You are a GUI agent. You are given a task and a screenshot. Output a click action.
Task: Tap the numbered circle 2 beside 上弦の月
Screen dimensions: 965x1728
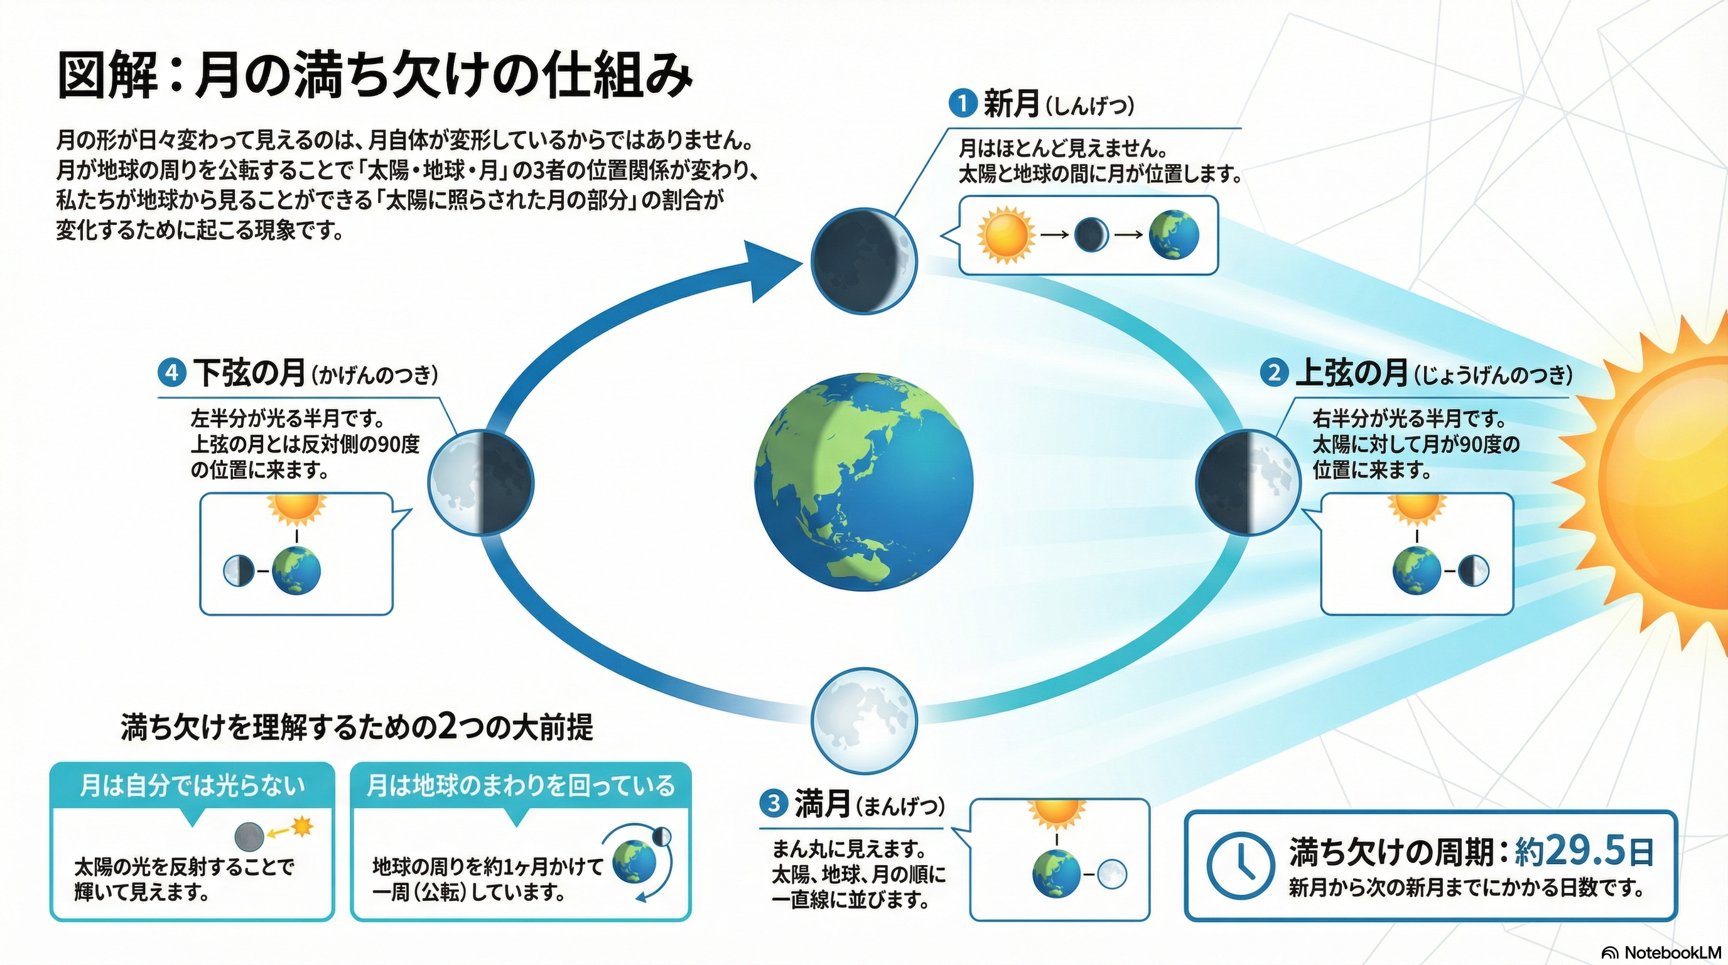pos(1274,373)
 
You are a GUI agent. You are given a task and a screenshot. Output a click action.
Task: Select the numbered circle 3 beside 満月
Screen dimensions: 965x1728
pos(774,804)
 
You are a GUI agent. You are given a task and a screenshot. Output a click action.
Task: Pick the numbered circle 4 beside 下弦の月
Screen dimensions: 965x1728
pos(171,373)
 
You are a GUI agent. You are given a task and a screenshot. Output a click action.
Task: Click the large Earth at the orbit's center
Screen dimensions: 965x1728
pos(864,482)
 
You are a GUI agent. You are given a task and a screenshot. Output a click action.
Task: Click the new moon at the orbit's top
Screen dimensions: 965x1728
pos(863,260)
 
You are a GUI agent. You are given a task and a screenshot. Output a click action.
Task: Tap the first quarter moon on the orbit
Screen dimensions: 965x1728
pos(1248,482)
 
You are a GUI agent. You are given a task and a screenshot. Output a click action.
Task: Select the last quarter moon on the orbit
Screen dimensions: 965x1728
pos(481,482)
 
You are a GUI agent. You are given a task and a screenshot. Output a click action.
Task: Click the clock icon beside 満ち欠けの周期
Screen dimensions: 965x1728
pos(1239,866)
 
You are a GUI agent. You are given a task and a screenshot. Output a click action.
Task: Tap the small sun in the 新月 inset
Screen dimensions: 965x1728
pos(1004,235)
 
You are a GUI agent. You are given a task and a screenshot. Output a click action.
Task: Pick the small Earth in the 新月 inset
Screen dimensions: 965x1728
pos(1174,235)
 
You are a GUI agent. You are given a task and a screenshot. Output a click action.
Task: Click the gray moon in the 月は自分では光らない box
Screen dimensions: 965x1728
pos(249,837)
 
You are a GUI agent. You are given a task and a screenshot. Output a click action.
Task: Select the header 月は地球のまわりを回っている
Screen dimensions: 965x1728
pos(521,786)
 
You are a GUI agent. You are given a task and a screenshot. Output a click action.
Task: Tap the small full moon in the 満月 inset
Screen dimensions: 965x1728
pos(1112,875)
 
